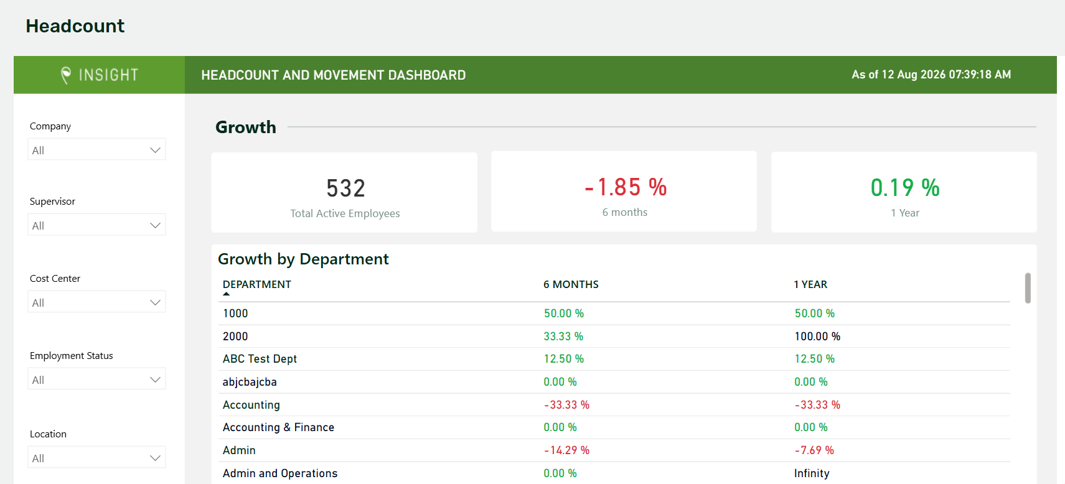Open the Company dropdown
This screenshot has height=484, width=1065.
pyautogui.click(x=96, y=150)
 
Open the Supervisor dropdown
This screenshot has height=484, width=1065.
pyautogui.click(x=96, y=225)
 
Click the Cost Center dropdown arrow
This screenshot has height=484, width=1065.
pyautogui.click(x=155, y=302)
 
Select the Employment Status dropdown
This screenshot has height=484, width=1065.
pyautogui.click(x=96, y=379)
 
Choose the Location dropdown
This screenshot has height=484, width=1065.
pyautogui.click(x=96, y=457)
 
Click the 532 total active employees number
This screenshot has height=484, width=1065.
pyautogui.click(x=345, y=188)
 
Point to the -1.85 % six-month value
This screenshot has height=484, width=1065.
pyautogui.click(x=625, y=187)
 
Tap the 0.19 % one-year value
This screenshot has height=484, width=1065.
pyautogui.click(x=905, y=188)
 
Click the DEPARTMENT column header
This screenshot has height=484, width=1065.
pyautogui.click(x=256, y=284)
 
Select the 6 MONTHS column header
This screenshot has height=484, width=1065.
pyautogui.click(x=571, y=284)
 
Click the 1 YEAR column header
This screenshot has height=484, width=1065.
pyautogui.click(x=810, y=284)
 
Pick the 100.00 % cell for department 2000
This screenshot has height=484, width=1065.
pyautogui.click(x=817, y=337)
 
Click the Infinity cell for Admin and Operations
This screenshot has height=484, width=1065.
pyautogui.click(x=812, y=473)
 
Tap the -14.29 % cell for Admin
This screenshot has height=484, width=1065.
pyautogui.click(x=566, y=450)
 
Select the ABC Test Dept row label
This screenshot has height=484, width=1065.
pyautogui.click(x=260, y=358)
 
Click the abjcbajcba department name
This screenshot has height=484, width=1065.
pyautogui.click(x=250, y=382)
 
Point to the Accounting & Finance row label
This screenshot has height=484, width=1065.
pyautogui.click(x=279, y=427)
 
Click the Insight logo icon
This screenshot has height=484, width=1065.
pyautogui.click(x=66, y=75)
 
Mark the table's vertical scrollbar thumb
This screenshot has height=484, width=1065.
pyautogui.click(x=1028, y=288)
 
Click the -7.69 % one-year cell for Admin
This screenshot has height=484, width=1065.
pyautogui.click(x=814, y=450)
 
